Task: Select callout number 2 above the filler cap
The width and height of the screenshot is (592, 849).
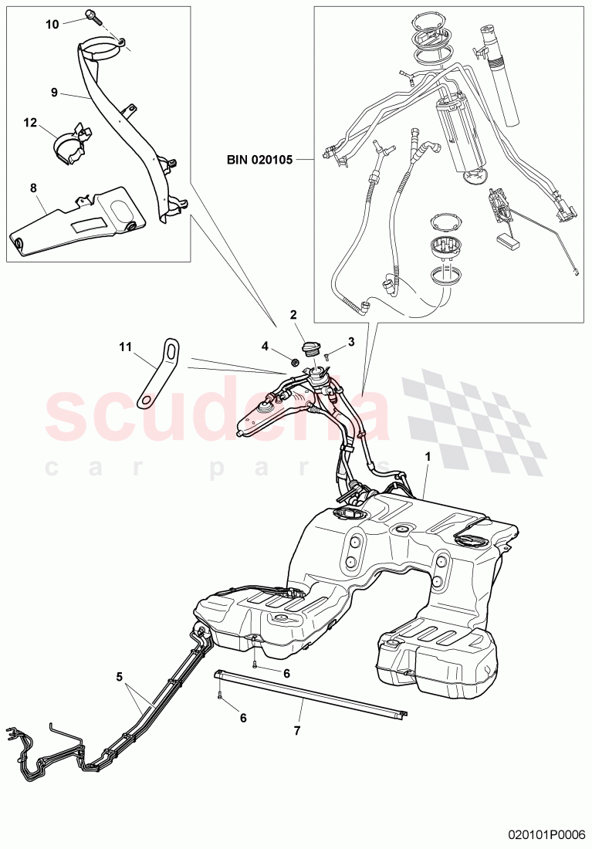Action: pos(294,314)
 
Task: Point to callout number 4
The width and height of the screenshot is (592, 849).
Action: pos(265,346)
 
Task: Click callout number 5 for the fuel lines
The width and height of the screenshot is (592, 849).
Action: pos(120,677)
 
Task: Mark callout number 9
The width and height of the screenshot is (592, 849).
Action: pos(54,92)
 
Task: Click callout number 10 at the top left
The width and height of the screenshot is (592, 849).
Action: pos(52,25)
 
